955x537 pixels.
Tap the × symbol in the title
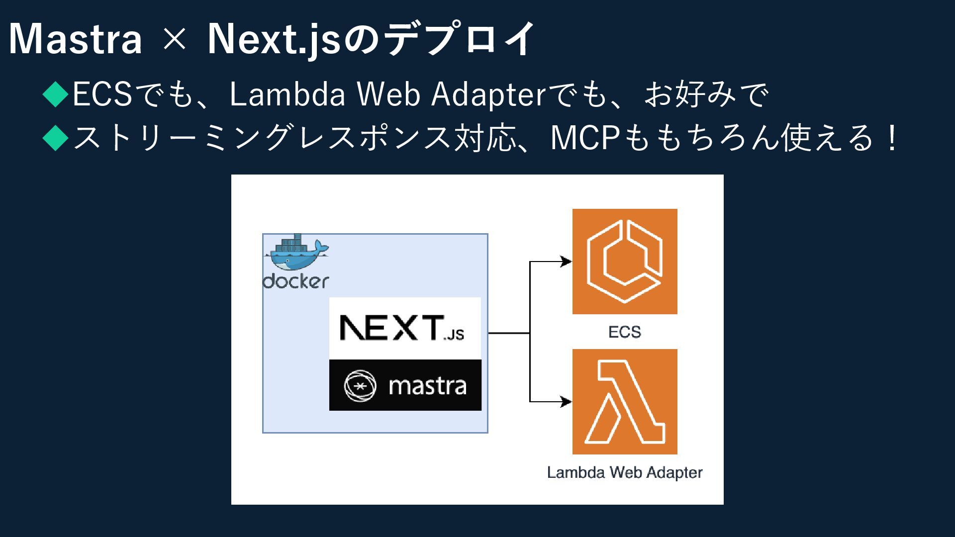[x=174, y=39]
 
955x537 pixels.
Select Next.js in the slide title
[x=274, y=39]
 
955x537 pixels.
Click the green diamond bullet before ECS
[x=55, y=94]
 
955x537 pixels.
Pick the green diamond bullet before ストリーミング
[x=55, y=138]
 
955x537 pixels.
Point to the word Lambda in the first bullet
[x=287, y=94]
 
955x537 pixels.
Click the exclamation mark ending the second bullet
[x=893, y=138]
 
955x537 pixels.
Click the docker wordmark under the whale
[x=296, y=281]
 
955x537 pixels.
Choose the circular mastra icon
[x=360, y=386]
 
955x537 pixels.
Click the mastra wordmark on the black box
[x=427, y=386]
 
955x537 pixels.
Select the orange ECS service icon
[x=625, y=262]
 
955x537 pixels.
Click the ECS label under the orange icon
[x=625, y=332]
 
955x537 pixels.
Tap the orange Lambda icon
[x=625, y=402]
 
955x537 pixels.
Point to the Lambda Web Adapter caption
[x=625, y=472]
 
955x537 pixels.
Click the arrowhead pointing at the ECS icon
[x=567, y=261]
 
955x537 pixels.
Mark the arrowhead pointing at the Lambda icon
[x=567, y=401]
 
